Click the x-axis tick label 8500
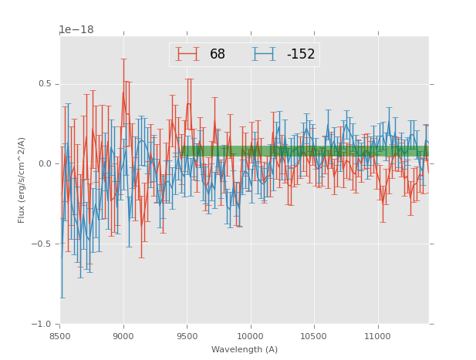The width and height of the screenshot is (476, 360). [60, 336]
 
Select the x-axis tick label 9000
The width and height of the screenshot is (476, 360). [123, 336]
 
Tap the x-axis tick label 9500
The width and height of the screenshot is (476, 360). [187, 336]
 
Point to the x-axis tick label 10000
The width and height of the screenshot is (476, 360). [250, 336]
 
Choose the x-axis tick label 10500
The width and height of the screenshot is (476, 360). [314, 336]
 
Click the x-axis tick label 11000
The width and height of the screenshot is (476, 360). [377, 336]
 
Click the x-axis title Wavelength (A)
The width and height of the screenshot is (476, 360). [245, 349]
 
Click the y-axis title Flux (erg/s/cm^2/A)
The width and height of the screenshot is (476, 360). [22, 180]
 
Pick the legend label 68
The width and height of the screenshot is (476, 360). [218, 55]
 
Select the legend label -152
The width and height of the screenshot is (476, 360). [301, 55]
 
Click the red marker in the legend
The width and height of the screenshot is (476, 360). [187, 54]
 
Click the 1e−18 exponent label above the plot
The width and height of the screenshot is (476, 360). [76, 30]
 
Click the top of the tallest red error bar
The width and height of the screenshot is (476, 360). [123, 59]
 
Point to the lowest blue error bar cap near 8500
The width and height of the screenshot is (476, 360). [62, 298]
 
